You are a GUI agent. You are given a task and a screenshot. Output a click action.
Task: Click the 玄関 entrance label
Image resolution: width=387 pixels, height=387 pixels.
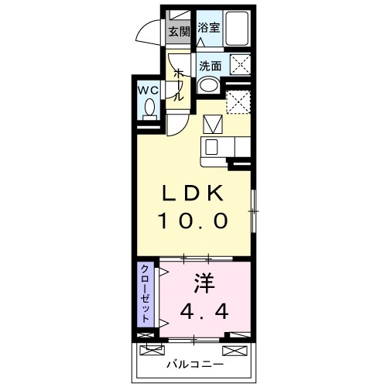click(x=178, y=31)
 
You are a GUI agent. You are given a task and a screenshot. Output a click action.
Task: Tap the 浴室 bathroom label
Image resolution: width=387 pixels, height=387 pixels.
click(x=207, y=28)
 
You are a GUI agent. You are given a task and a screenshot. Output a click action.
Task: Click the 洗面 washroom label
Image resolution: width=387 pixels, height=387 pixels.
click(x=210, y=66)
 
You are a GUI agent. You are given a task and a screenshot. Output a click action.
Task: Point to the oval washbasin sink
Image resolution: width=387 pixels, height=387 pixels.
click(x=208, y=86)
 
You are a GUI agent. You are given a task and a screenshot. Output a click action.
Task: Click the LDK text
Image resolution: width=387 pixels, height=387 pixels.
click(x=193, y=192)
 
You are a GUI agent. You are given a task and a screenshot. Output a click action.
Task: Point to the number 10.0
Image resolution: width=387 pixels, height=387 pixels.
click(x=193, y=221)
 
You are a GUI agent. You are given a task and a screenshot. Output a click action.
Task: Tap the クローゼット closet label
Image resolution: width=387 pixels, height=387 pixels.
click(x=145, y=293)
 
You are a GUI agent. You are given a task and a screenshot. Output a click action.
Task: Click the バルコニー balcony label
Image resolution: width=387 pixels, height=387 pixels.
click(x=194, y=363)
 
